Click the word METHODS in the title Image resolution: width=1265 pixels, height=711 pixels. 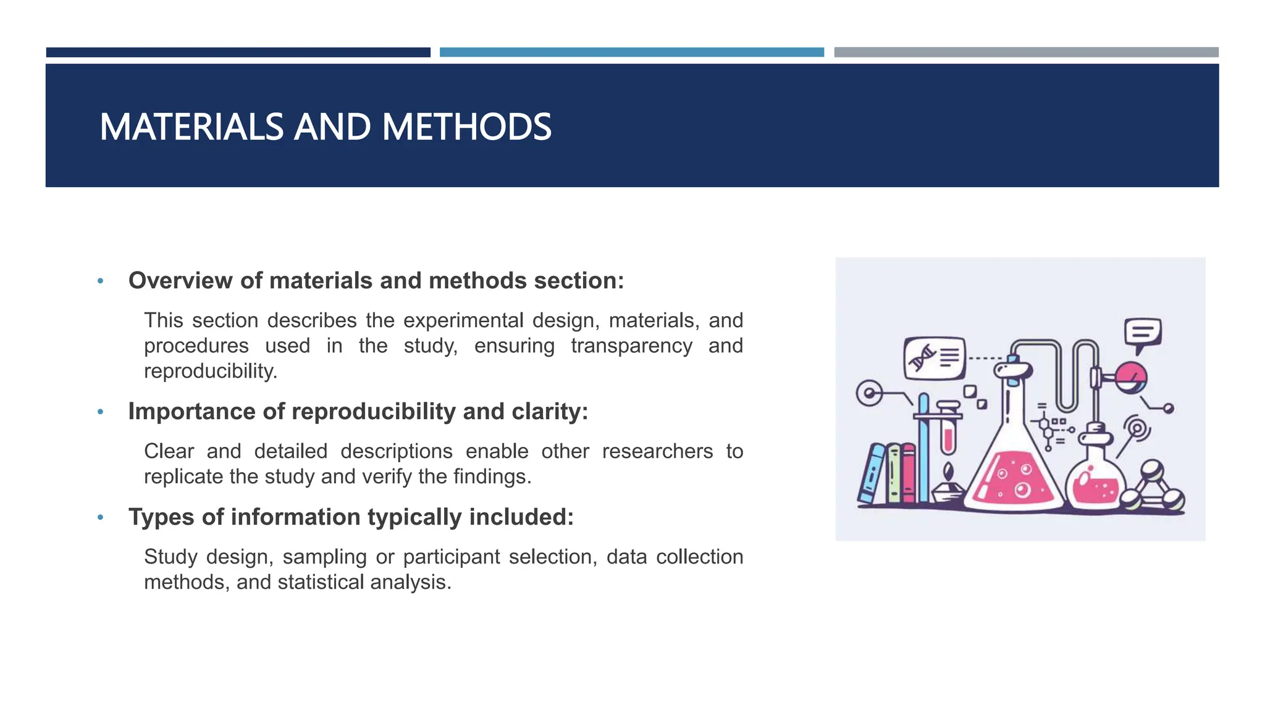click(x=466, y=127)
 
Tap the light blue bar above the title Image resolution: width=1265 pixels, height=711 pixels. click(x=631, y=52)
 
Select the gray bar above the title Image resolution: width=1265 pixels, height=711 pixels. click(x=1026, y=52)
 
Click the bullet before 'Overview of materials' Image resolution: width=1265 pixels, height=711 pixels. click(x=101, y=281)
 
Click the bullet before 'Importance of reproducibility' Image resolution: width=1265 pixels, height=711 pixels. click(x=101, y=412)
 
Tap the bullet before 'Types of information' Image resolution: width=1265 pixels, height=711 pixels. click(x=101, y=518)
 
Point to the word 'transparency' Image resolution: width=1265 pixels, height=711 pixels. click(x=631, y=346)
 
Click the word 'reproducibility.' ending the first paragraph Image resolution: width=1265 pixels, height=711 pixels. click(x=211, y=372)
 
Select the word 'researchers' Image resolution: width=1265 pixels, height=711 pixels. click(x=657, y=452)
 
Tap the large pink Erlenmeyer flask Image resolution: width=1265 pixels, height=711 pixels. click(x=1013, y=475)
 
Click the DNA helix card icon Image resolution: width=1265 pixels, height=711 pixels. click(x=935, y=358)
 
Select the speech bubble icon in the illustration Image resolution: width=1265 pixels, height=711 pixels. click(x=1142, y=333)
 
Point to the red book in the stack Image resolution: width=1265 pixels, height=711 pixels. click(x=908, y=474)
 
